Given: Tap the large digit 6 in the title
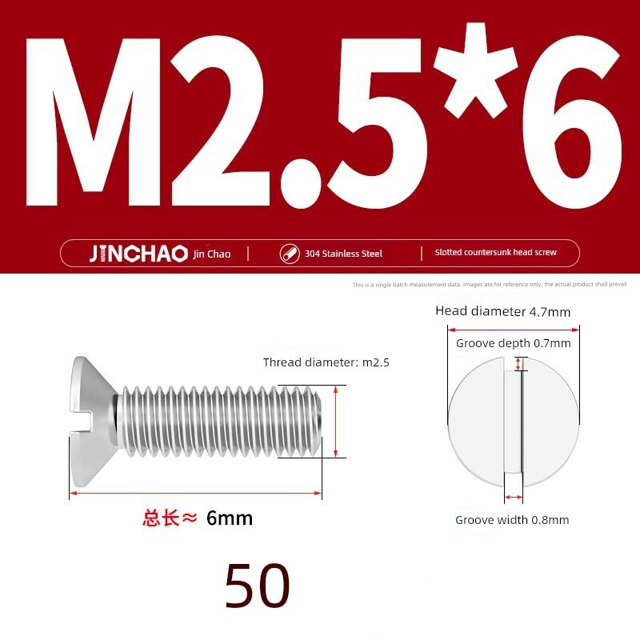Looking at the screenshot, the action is click(572, 122).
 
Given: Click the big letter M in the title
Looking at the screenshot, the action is click(93, 122).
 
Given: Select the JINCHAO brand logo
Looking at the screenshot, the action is click(138, 254).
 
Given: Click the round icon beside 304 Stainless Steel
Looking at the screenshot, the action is click(290, 254).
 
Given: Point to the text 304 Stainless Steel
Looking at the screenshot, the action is click(343, 254).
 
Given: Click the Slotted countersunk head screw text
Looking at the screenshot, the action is click(495, 252).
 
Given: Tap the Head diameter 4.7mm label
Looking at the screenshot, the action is click(503, 311).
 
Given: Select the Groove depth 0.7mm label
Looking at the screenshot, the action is click(514, 343).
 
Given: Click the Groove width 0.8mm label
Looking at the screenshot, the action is click(512, 520).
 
